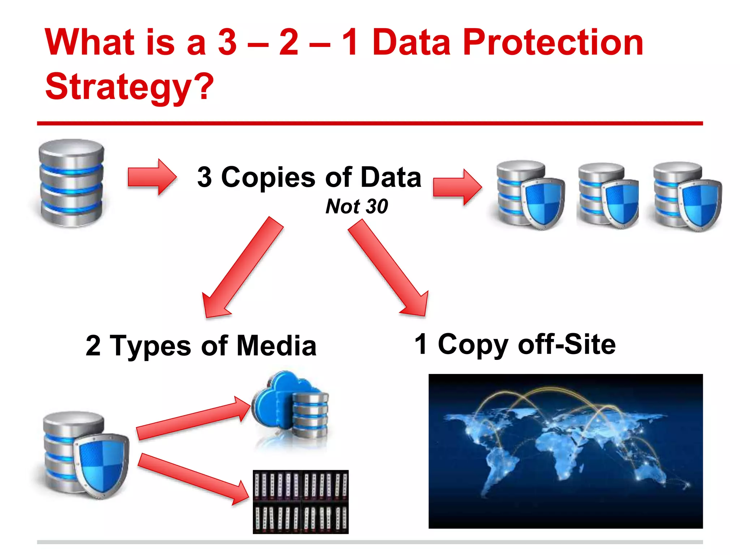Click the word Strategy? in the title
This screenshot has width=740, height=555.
(129, 87)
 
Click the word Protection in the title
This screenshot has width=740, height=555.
(553, 43)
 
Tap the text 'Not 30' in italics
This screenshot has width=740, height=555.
(357, 206)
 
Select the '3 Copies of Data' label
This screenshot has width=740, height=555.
(309, 177)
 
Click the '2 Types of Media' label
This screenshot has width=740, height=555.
(201, 345)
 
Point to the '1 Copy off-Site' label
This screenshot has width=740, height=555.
(515, 344)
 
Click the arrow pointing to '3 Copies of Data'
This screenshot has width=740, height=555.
(152, 177)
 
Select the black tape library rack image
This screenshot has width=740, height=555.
(301, 502)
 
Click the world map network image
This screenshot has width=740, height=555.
(565, 451)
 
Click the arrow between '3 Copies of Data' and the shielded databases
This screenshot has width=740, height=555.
(457, 187)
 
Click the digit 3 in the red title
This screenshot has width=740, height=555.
(227, 43)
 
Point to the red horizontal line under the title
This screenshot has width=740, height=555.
(370, 124)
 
